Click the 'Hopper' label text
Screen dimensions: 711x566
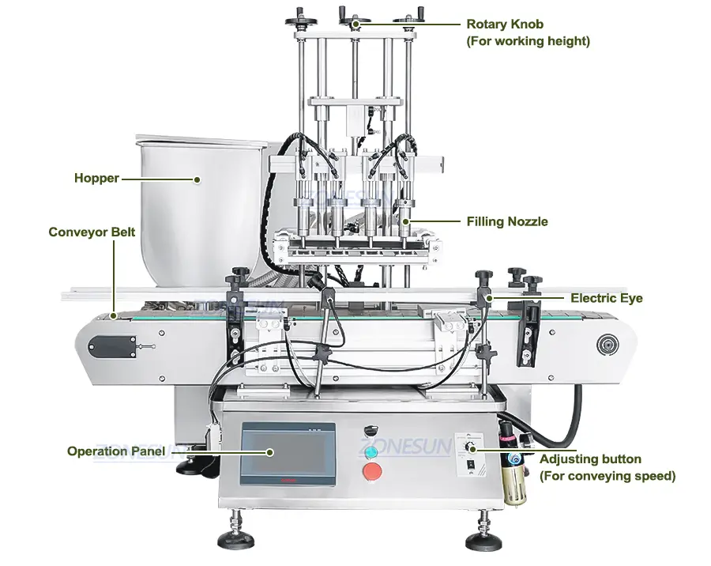[96, 178]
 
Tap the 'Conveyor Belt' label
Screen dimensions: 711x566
[92, 232]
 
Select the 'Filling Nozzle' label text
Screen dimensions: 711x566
[507, 221]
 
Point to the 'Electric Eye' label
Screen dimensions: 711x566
[606, 298]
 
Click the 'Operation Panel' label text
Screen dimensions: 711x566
[115, 451]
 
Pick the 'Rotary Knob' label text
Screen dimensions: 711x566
[505, 24]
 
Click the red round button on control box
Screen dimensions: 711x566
[372, 471]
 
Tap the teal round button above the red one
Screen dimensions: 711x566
[371, 451]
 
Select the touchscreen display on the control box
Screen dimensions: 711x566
[288, 454]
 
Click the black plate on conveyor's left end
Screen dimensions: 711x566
[112, 347]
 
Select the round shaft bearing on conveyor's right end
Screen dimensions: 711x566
[607, 345]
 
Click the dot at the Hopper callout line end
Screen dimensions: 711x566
[197, 179]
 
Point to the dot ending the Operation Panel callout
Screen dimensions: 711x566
[270, 452]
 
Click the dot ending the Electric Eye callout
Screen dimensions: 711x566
[489, 298]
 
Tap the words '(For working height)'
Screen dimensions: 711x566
[529, 41]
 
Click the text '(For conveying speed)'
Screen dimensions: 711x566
[608, 476]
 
